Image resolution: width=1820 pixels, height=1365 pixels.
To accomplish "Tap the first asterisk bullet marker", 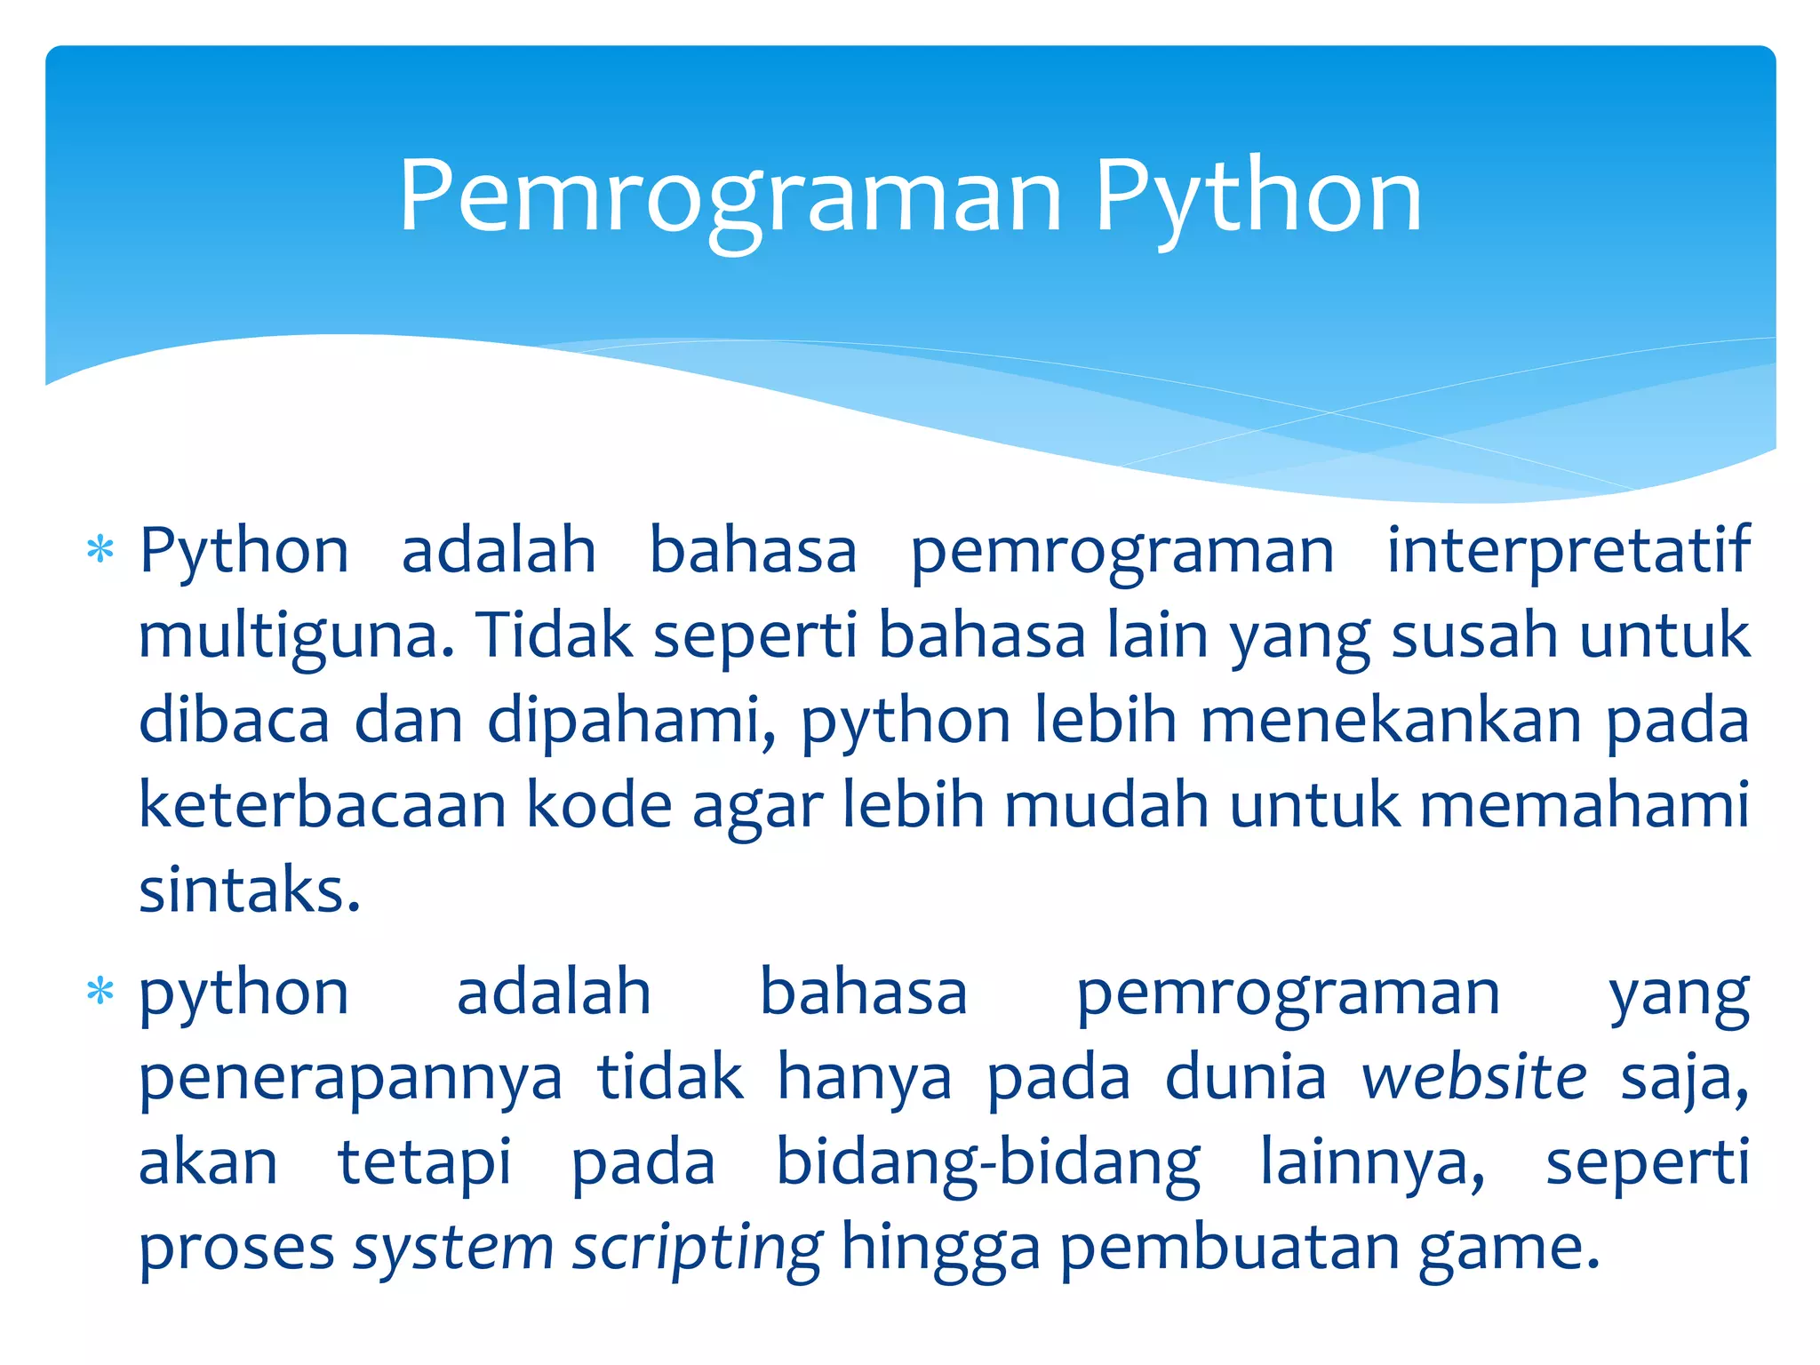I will (100, 550).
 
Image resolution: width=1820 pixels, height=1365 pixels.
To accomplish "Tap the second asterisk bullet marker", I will (100, 991).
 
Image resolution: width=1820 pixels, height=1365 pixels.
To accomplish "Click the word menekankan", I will (1391, 721).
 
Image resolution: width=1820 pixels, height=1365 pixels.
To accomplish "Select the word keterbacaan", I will (322, 805).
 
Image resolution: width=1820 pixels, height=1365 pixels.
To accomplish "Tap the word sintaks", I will (250, 890).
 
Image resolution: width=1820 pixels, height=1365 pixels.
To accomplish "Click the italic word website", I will (1474, 1078).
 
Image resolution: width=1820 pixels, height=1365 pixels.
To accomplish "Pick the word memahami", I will (1584, 805).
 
